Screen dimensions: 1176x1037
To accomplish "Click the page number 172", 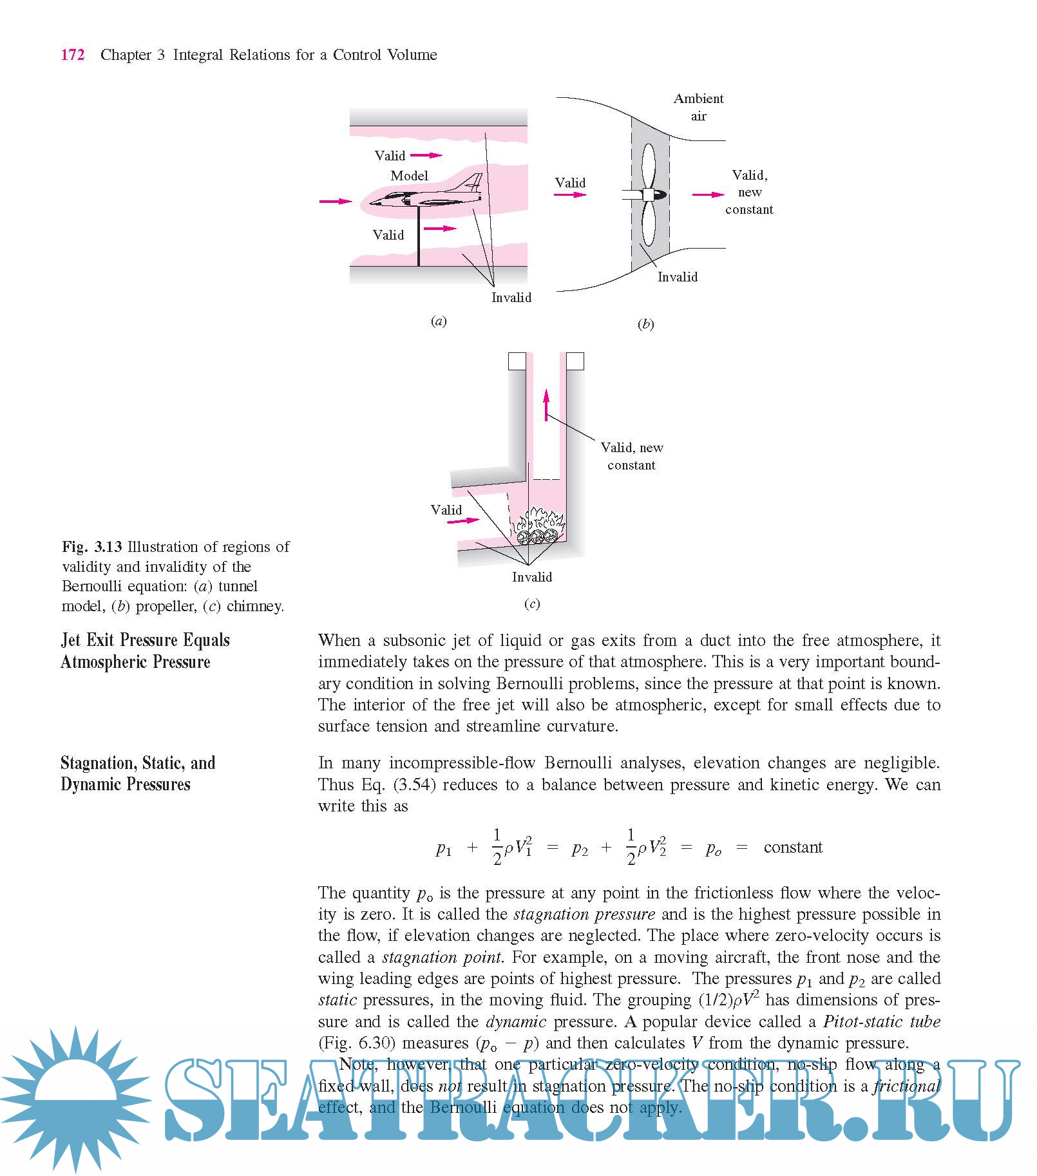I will (x=73, y=55).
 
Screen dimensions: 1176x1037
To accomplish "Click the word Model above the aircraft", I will (x=409, y=176).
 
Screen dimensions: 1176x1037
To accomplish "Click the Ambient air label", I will (x=698, y=107).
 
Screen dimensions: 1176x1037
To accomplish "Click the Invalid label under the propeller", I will (x=677, y=277).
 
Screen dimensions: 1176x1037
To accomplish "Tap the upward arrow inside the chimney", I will (x=546, y=404).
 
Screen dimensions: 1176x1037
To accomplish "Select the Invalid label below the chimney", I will (x=532, y=577).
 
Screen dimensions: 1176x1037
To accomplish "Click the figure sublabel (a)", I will (x=439, y=321).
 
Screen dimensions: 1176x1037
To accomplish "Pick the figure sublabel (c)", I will (x=532, y=604).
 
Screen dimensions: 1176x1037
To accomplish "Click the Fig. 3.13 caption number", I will (x=92, y=547).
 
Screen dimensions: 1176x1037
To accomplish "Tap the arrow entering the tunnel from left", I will (x=336, y=202).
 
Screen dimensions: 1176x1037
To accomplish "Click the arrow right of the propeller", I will (x=707, y=194).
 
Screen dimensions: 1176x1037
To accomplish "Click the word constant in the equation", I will (x=793, y=848).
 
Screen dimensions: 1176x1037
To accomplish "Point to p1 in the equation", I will (x=444, y=849).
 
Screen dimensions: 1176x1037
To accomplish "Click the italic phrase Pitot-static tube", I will (x=881, y=1021).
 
